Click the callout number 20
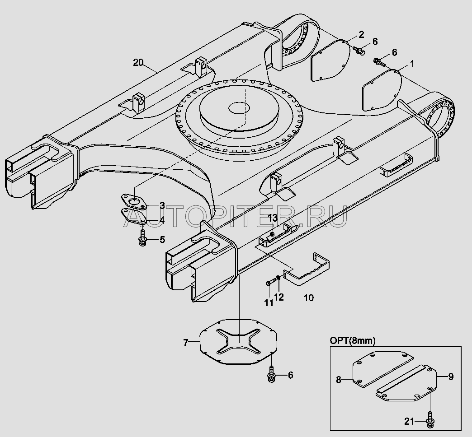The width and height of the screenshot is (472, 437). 138,63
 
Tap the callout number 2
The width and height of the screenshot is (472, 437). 361,35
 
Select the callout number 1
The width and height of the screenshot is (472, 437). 412,64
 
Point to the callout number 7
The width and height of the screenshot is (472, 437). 186,342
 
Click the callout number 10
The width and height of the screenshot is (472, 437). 309,298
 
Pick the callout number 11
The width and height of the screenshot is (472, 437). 269,302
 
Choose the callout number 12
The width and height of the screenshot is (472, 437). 279,297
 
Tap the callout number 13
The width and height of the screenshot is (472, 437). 273,218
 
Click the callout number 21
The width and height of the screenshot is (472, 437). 409,422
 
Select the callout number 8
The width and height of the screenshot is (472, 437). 339,380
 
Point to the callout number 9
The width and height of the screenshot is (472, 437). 451,377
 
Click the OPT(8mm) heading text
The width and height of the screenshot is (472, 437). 353,341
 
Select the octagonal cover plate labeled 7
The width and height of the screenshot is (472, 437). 239,342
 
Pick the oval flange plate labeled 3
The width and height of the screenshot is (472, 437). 134,202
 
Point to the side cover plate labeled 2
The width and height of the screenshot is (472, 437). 330,60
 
